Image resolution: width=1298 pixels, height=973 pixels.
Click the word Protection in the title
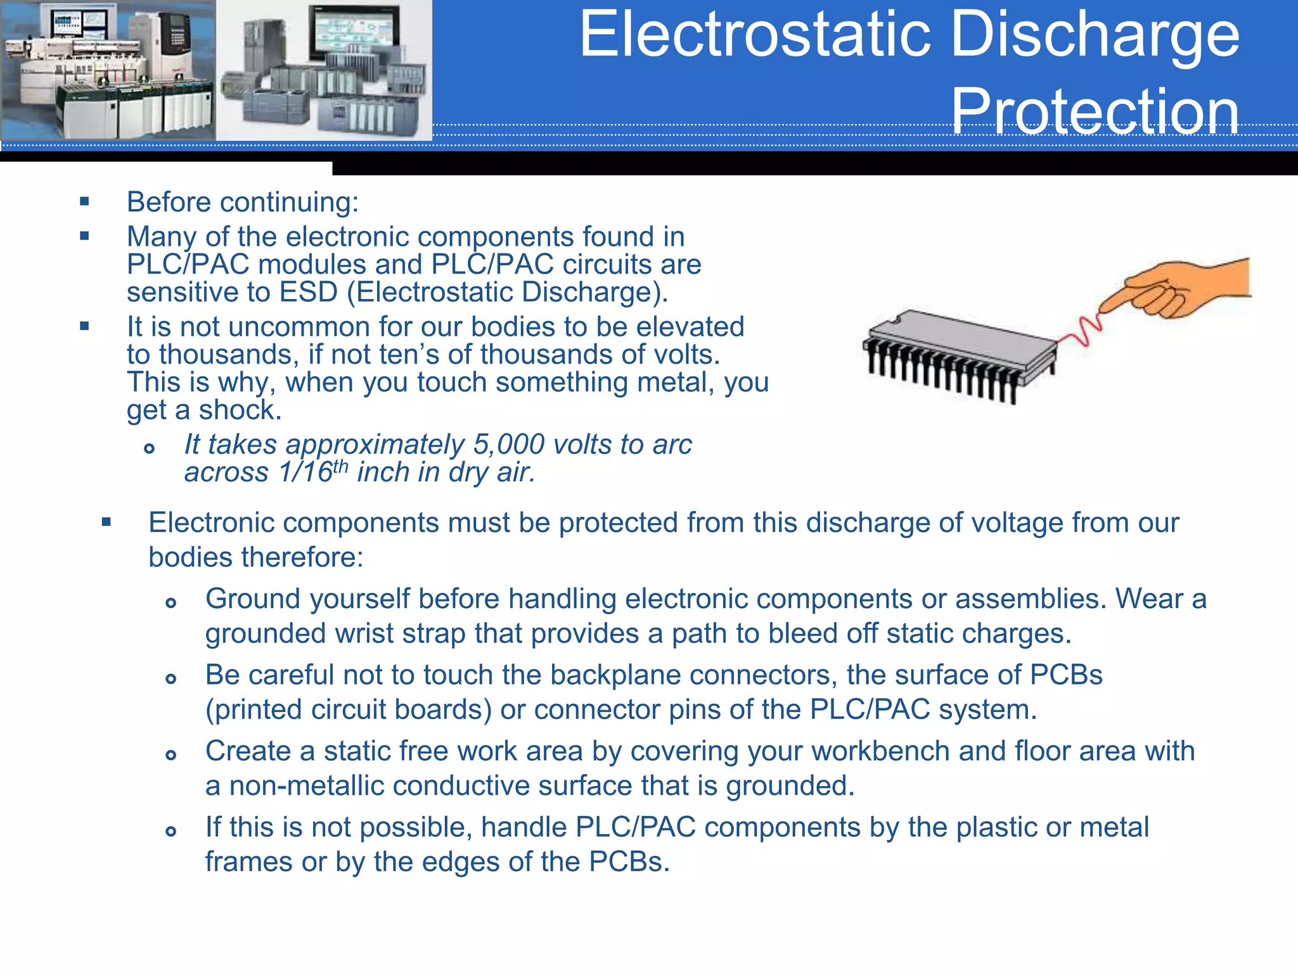pos(1095,111)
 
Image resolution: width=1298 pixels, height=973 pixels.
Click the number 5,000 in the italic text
pos(508,445)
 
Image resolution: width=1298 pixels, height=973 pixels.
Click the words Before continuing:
pos(243,203)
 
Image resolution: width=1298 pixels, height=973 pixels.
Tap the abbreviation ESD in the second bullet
pos(308,293)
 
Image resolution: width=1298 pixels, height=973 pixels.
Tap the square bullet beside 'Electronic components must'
pos(106,523)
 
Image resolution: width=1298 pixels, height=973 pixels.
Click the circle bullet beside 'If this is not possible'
pos(170,831)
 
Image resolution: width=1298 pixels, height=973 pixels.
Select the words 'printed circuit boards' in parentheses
pos(348,710)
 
